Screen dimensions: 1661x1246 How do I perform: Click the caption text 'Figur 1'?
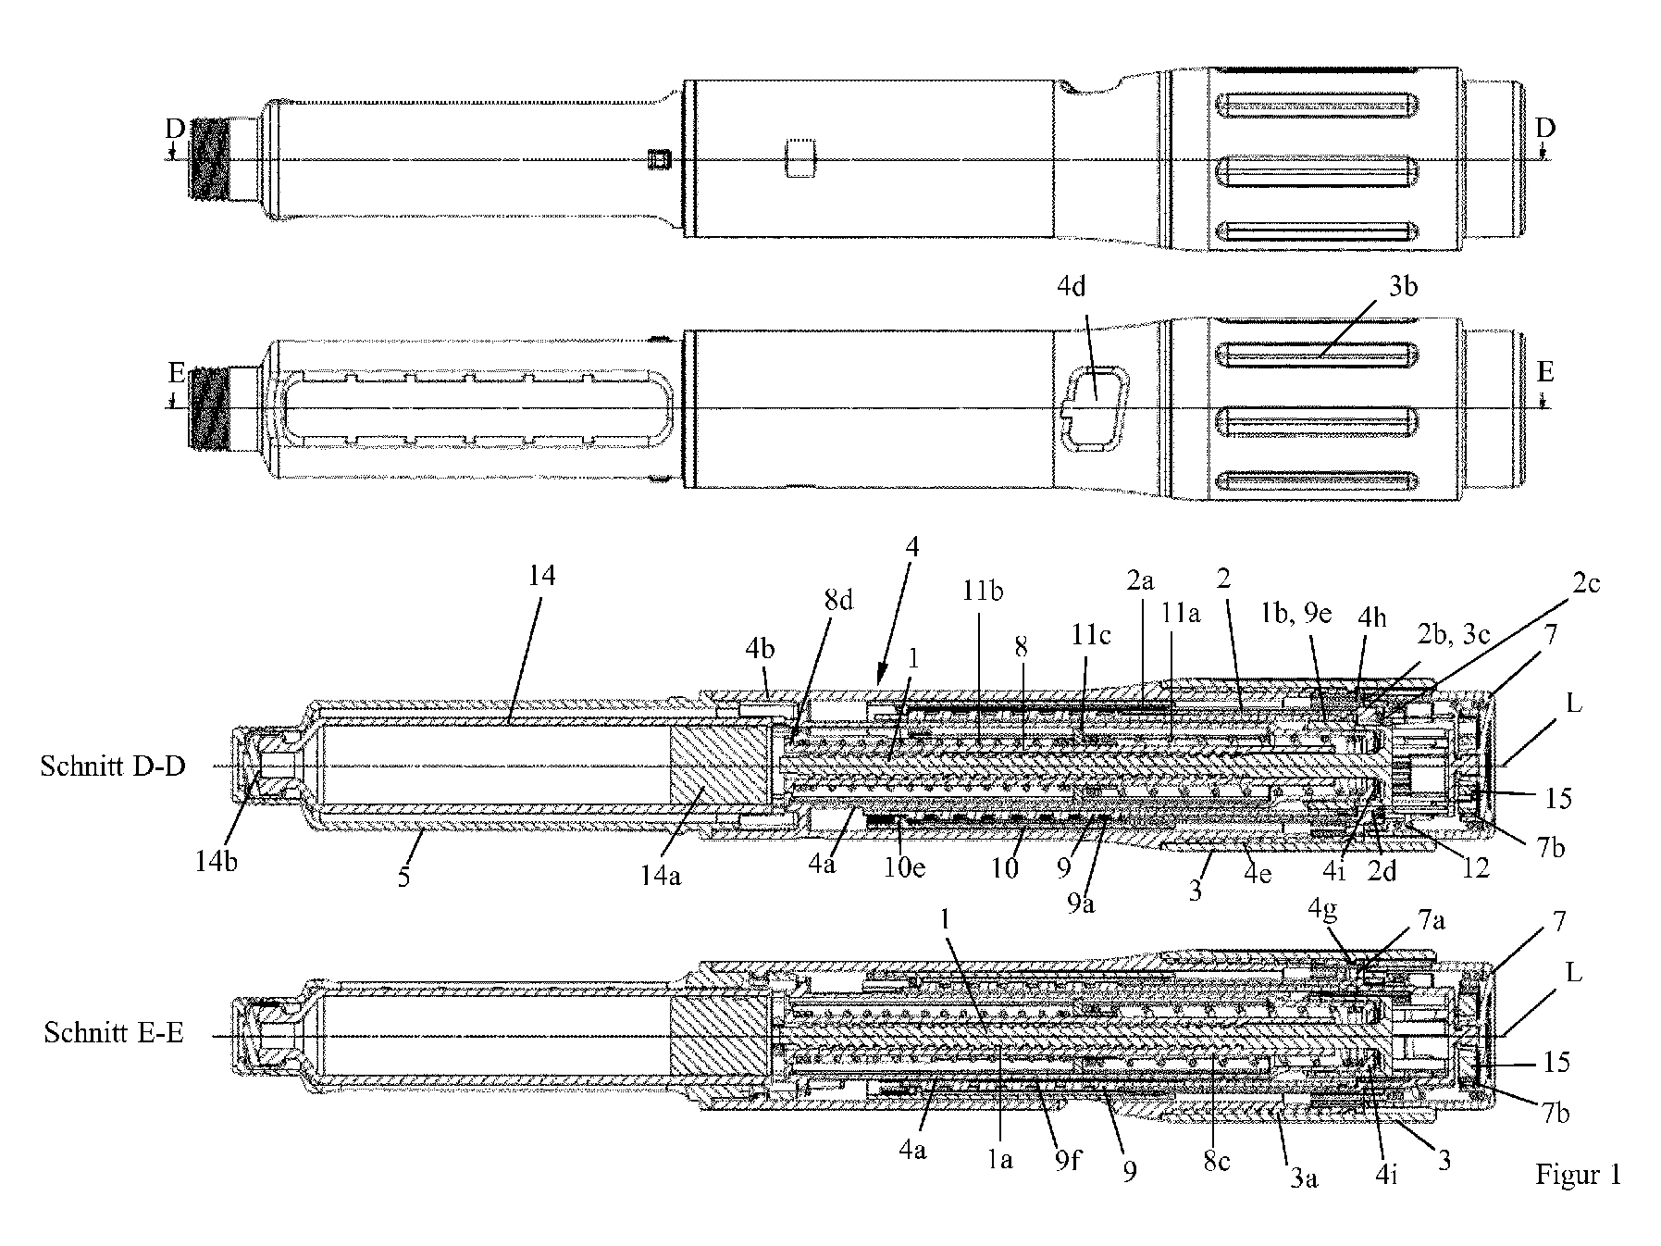1578,1176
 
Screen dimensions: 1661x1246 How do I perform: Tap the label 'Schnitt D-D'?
113,766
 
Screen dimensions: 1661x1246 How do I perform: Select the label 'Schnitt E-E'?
113,1033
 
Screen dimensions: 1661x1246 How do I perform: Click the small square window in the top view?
658,161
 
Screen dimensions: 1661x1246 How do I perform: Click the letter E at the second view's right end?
1544,373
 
